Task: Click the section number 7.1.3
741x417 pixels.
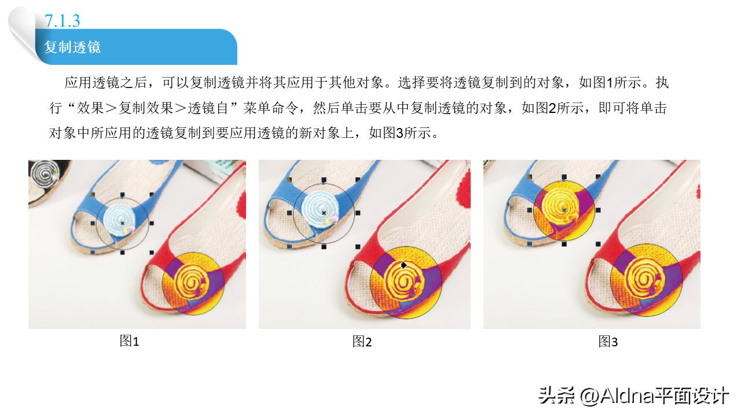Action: (62, 21)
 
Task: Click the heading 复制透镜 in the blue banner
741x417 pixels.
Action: (72, 47)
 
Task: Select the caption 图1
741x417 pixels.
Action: (129, 342)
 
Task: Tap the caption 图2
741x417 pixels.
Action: (362, 342)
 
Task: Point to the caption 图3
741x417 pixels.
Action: (608, 342)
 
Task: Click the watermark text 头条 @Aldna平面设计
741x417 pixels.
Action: (633, 397)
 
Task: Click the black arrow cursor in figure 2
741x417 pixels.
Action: (404, 265)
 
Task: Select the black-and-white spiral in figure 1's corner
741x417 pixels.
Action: (44, 172)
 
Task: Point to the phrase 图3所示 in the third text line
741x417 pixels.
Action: (403, 134)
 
